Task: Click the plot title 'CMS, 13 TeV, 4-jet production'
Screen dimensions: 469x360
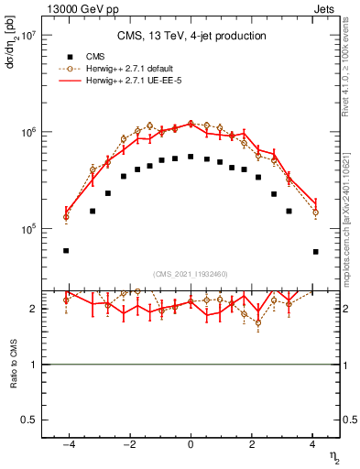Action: coord(191,36)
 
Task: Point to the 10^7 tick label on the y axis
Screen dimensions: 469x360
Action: coord(27,37)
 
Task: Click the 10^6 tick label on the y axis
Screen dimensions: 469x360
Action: coord(27,133)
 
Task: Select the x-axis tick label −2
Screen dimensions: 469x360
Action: coord(127,446)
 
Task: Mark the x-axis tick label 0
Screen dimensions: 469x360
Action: coord(191,446)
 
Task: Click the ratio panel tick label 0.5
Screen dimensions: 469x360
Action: coord(27,420)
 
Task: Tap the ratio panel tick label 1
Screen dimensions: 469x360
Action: coord(32,365)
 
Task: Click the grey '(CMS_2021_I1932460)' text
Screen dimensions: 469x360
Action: coord(191,273)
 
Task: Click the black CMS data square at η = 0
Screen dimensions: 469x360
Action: coord(191,157)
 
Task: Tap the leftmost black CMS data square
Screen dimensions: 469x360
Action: coord(66,250)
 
